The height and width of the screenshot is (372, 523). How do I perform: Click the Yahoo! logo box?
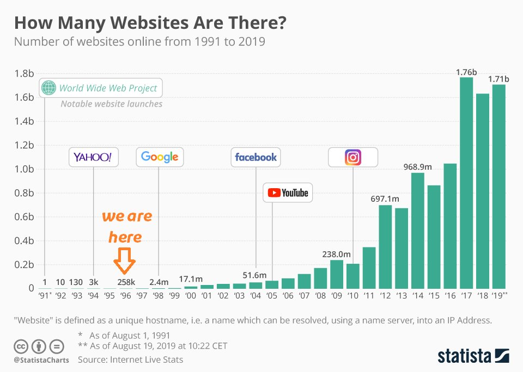click(93, 158)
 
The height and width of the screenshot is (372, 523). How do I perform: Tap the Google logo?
click(160, 157)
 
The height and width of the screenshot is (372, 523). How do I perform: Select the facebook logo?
click(256, 157)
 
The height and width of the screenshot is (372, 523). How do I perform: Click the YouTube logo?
click(288, 193)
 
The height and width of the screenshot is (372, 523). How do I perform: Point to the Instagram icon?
click(353, 158)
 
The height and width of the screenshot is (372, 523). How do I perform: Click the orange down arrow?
click(125, 261)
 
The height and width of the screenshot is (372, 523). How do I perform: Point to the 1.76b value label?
click(466, 72)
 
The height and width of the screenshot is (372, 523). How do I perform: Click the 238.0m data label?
click(336, 254)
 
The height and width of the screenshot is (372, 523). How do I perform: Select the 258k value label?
click(126, 281)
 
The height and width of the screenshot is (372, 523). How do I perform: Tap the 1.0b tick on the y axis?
click(23, 169)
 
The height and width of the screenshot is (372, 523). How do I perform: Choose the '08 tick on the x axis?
click(320, 296)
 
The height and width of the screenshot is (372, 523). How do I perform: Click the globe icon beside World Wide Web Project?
click(49, 88)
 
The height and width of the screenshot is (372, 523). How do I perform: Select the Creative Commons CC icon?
click(21, 346)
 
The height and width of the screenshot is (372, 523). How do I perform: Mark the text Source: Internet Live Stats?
click(130, 359)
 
